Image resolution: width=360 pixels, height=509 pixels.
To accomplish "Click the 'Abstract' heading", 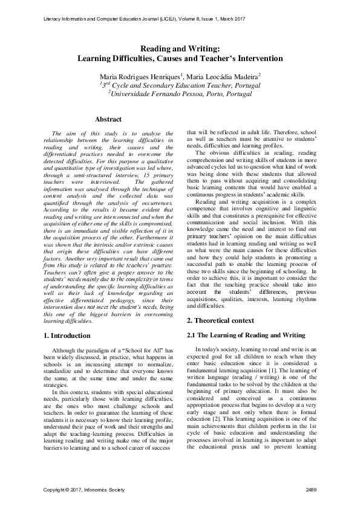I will pyautogui.click(x=108, y=119).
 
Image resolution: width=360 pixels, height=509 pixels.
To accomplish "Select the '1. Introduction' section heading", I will pyautogui.click(x=70, y=334).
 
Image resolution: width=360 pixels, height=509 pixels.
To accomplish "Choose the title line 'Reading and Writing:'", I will pyautogui.click(x=179, y=49).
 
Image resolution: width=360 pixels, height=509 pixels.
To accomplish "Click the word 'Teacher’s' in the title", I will pyautogui.click(x=236, y=59).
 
